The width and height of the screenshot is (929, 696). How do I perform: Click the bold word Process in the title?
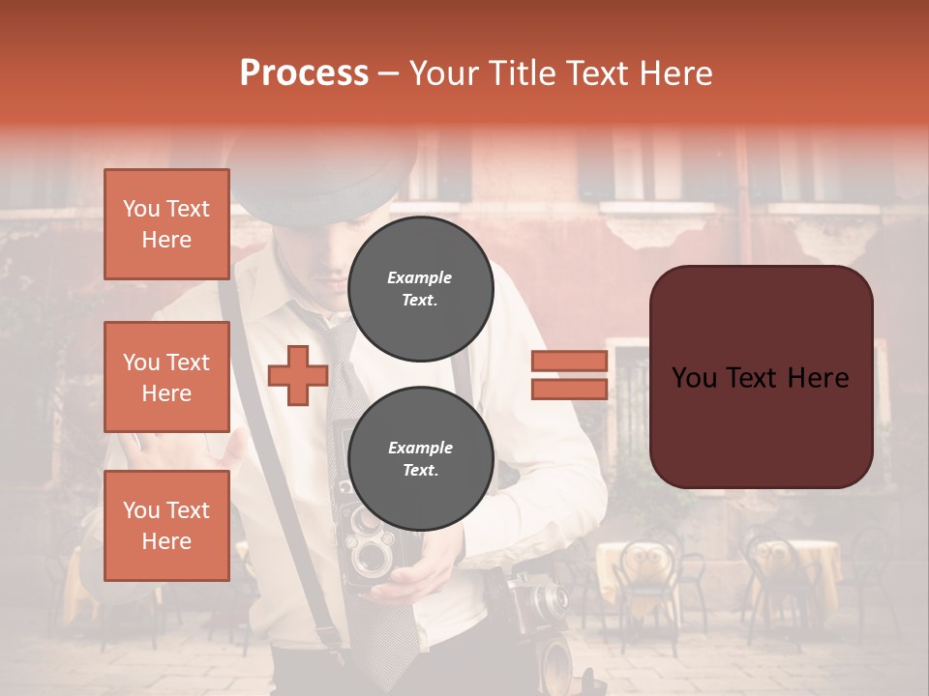coord(304,73)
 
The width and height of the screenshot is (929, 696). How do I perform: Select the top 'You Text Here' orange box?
coord(166,224)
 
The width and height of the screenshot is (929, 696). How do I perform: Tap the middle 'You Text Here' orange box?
coord(166,377)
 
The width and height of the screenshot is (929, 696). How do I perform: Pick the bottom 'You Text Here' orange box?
coord(166,526)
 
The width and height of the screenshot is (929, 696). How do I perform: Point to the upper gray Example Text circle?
coord(420,288)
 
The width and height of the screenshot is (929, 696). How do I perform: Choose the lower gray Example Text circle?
coord(420,458)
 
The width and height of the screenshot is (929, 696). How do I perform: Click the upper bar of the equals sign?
coord(569,361)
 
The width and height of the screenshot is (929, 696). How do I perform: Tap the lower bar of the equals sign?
coord(569,389)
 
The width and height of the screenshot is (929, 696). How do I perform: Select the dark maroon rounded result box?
coord(761,377)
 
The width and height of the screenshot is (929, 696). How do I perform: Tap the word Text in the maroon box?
coord(762,377)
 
